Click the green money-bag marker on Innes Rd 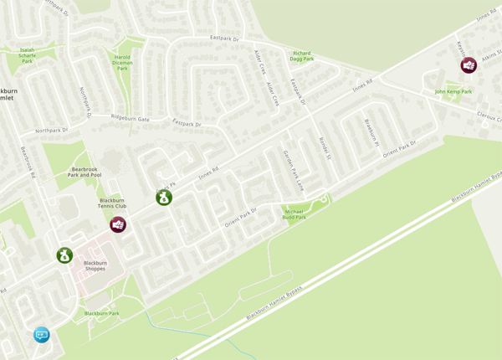[164, 198]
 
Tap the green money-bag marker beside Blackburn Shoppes [64, 255]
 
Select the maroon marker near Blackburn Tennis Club [118, 224]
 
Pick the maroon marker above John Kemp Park [469, 64]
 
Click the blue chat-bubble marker [41, 335]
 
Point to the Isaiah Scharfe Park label [27, 55]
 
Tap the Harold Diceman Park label [122, 62]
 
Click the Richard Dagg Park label [301, 56]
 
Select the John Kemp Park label [453, 91]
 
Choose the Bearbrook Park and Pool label [85, 172]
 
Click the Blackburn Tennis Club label [112, 203]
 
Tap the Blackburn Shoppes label [101, 266]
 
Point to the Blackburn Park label [101, 313]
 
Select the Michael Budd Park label [294, 214]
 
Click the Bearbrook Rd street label [30, 160]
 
